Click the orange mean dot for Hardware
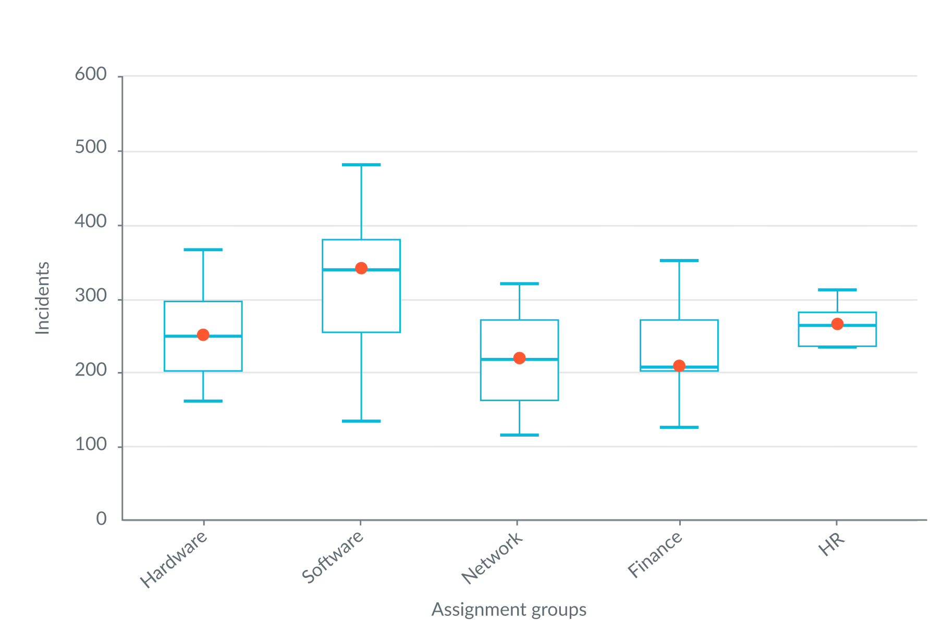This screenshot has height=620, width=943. click(203, 334)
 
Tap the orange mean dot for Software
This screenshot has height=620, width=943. click(361, 268)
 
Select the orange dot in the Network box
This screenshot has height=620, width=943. click(519, 358)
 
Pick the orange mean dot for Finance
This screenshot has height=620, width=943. click(679, 366)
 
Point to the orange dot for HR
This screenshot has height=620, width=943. click(837, 324)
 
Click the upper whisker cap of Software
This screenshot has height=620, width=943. click(361, 165)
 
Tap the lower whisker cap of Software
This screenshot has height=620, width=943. click(361, 421)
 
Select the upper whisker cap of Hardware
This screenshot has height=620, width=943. click(203, 250)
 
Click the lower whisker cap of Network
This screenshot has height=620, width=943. click(519, 435)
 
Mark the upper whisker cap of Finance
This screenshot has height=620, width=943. click(679, 260)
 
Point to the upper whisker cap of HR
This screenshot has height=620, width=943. click(837, 290)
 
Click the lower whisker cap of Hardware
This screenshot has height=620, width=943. click(203, 401)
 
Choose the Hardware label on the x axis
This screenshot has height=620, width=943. click(174, 559)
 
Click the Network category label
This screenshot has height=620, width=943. click(492, 557)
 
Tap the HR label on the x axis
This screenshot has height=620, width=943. click(831, 544)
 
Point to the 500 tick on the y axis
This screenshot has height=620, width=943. click(91, 148)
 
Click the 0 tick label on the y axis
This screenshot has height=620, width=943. click(102, 519)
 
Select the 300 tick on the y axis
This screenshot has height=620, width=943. click(91, 296)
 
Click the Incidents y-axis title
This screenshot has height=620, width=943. click(42, 298)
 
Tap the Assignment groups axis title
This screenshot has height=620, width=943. click(509, 609)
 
